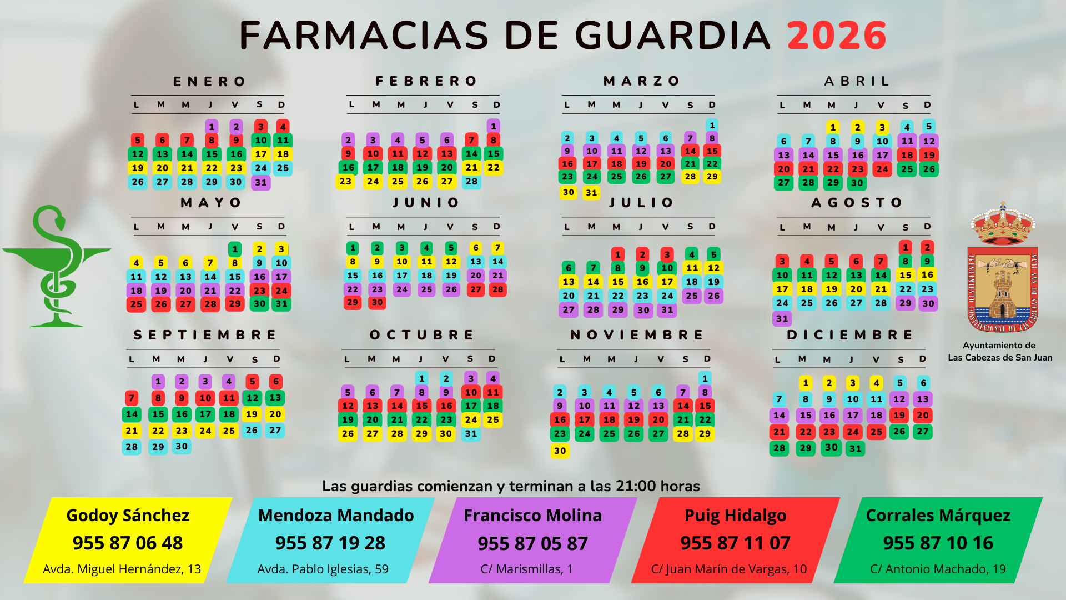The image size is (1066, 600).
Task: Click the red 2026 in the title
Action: [836, 36]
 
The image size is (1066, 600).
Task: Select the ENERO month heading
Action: [209, 82]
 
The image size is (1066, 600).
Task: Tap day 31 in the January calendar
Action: [261, 182]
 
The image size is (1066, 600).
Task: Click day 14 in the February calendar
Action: [471, 154]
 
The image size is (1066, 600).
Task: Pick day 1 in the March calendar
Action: [712, 126]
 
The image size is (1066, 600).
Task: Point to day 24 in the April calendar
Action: [882, 169]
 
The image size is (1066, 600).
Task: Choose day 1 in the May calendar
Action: [235, 249]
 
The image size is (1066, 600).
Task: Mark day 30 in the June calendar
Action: [377, 302]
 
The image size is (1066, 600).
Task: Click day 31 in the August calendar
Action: [782, 318]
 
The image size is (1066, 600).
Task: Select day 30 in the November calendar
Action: [560, 451]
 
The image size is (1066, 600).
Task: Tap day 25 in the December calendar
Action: [876, 432]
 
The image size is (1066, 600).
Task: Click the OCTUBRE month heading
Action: [422, 335]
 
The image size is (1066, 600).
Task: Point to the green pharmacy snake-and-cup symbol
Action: [56, 267]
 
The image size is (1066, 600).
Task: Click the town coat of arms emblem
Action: [1002, 269]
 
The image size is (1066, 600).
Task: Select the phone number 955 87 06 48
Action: [128, 543]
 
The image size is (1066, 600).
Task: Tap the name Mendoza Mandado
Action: [336, 515]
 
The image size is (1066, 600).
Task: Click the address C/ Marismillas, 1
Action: [527, 569]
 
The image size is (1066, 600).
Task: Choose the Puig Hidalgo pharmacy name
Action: [735, 515]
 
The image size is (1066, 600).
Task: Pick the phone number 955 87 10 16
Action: [938, 543]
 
